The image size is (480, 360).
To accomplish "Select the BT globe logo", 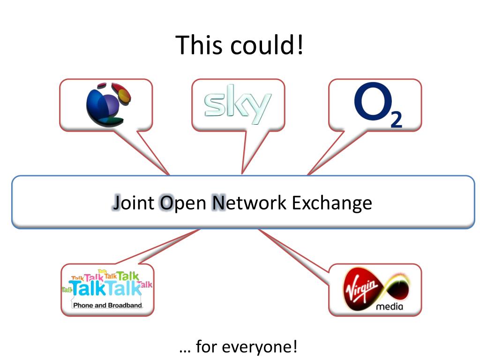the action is coord(108,105).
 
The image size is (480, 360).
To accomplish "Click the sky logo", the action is coord(238,105).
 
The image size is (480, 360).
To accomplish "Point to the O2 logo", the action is coord(378,105).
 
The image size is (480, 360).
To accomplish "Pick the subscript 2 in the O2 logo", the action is coord(396,120).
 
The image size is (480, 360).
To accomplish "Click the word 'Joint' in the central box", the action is coord(134,202).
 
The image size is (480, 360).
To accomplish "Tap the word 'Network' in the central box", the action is coord(249,202).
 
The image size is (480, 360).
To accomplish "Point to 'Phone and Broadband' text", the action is coord(107,305).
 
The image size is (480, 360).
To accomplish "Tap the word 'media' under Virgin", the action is coord(390,307).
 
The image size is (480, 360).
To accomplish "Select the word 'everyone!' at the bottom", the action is coord(260,347).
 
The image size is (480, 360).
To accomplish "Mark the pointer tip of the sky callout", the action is coord(242,174).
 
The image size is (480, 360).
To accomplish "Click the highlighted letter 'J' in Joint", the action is coord(117,202).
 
